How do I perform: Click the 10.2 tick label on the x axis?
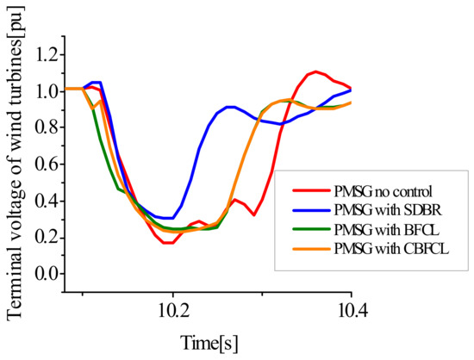(x=172, y=306)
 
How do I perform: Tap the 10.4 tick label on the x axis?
(x=351, y=306)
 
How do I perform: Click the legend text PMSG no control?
(x=381, y=190)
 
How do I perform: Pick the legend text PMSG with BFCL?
(x=383, y=230)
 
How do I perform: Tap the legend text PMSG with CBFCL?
(x=387, y=250)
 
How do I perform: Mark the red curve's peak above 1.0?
(x=316, y=71)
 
